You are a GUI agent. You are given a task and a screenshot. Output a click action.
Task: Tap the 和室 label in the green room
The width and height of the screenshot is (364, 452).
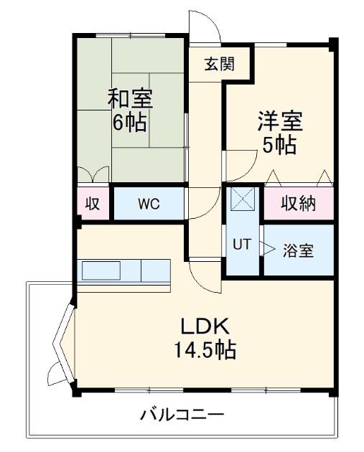(130, 98)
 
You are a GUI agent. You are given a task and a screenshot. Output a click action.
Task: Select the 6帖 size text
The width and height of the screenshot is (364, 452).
(130, 122)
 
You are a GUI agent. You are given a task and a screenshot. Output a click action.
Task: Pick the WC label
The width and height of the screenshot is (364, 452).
(149, 204)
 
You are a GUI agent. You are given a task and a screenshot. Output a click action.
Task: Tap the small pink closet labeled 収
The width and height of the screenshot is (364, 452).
(93, 204)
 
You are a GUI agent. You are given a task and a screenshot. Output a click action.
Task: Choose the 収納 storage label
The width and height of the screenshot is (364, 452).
(298, 204)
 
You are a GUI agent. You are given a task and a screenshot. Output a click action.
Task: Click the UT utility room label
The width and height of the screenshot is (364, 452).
(241, 245)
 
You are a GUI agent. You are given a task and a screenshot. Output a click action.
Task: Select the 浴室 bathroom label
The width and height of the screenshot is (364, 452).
(298, 251)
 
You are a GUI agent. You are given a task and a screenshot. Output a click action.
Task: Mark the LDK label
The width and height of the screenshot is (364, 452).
(205, 326)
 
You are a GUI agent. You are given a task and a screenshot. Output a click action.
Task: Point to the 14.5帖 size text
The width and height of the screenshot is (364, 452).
(205, 352)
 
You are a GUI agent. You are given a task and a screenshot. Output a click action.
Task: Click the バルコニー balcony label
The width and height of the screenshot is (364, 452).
(182, 415)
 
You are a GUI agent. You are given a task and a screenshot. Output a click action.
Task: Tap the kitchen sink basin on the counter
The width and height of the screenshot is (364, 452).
(101, 270)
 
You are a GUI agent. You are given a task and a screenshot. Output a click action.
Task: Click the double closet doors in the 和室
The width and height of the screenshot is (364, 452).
(94, 174)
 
